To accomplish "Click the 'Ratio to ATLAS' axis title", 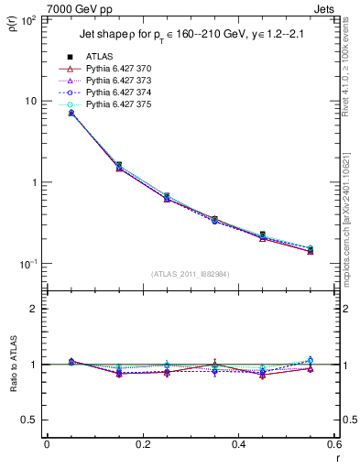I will tap(14, 365).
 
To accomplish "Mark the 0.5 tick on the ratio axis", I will tap(31, 420).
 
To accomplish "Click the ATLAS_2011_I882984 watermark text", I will tap(189, 274).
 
